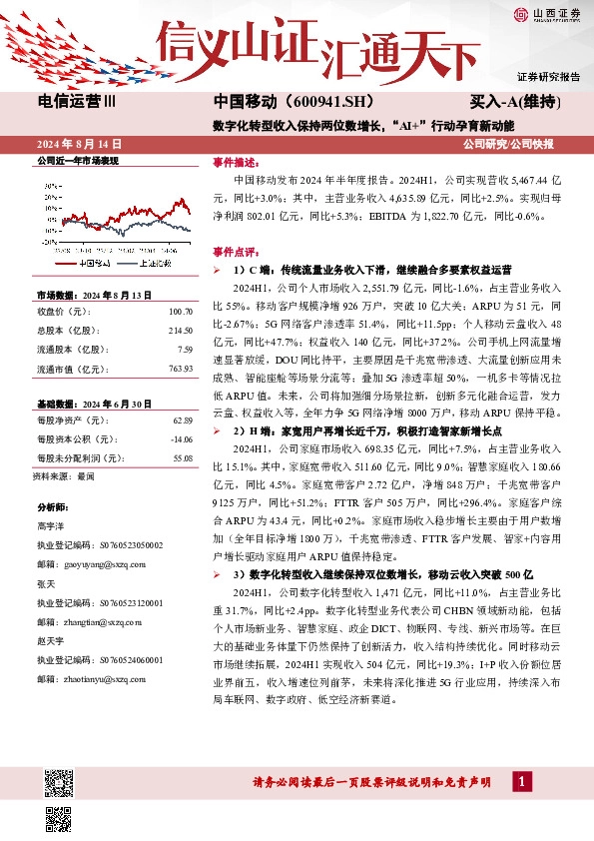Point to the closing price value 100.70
(x=178, y=314)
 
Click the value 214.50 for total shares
(x=178, y=331)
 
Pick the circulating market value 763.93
(x=178, y=368)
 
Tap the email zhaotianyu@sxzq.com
(x=101, y=678)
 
